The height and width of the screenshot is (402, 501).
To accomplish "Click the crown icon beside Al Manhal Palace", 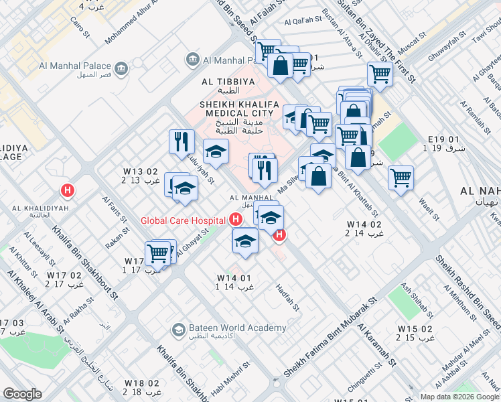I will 122,67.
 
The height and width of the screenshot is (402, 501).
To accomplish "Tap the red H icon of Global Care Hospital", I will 234,219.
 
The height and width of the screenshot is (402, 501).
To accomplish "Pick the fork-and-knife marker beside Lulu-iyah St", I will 182,142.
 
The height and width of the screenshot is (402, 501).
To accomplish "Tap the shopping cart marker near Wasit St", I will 401,178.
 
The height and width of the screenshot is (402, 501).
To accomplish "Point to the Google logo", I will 22,393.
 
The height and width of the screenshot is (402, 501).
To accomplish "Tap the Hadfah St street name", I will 288,296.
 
